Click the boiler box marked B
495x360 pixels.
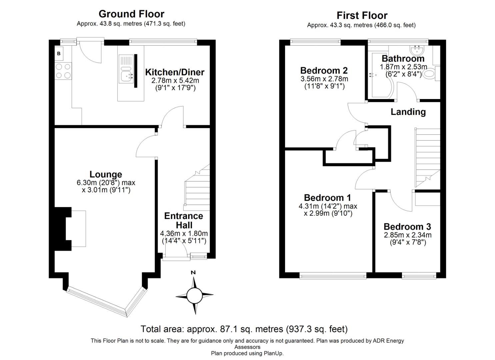59,53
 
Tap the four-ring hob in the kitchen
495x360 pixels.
63,71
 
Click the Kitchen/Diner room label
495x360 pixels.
175,72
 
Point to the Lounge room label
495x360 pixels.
106,174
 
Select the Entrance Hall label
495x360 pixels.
184,220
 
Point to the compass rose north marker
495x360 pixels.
193,272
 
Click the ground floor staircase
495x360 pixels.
197,190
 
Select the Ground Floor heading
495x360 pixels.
131,14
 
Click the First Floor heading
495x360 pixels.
362,15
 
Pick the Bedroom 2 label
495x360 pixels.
324,70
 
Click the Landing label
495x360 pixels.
408,112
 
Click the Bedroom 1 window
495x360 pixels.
332,275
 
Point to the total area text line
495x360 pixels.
244,329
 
